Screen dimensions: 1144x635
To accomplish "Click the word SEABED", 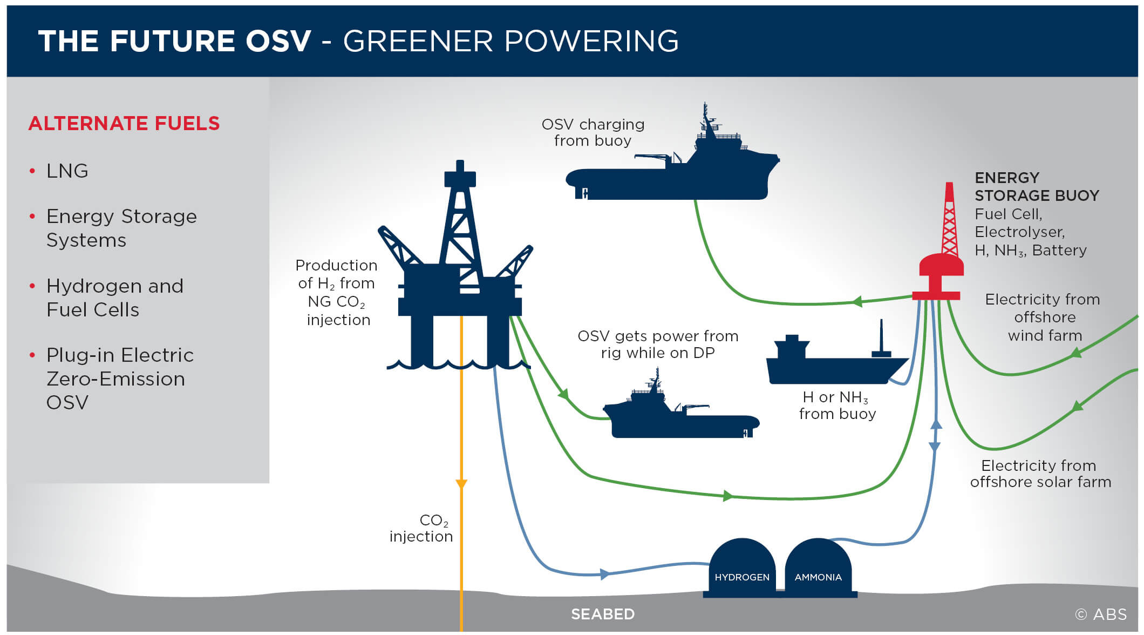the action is [x=603, y=614].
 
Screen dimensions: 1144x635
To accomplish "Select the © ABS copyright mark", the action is [x=1101, y=614].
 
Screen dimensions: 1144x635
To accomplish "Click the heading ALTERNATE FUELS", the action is [x=124, y=123].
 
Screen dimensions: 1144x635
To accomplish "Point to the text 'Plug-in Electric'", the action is [x=120, y=355].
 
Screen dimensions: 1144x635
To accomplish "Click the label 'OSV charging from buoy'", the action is [x=593, y=132].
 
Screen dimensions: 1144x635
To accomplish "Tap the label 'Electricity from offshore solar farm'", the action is [x=1040, y=474].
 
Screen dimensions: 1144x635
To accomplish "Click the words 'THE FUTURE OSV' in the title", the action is [x=175, y=41].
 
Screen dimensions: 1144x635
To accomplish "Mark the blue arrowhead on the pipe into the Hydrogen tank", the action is [x=605, y=574].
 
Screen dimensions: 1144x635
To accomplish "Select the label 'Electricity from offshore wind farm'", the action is [x=1044, y=317].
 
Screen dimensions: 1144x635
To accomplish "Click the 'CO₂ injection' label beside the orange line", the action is [x=421, y=528].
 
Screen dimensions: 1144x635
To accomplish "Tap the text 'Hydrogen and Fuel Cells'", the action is [x=115, y=298].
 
